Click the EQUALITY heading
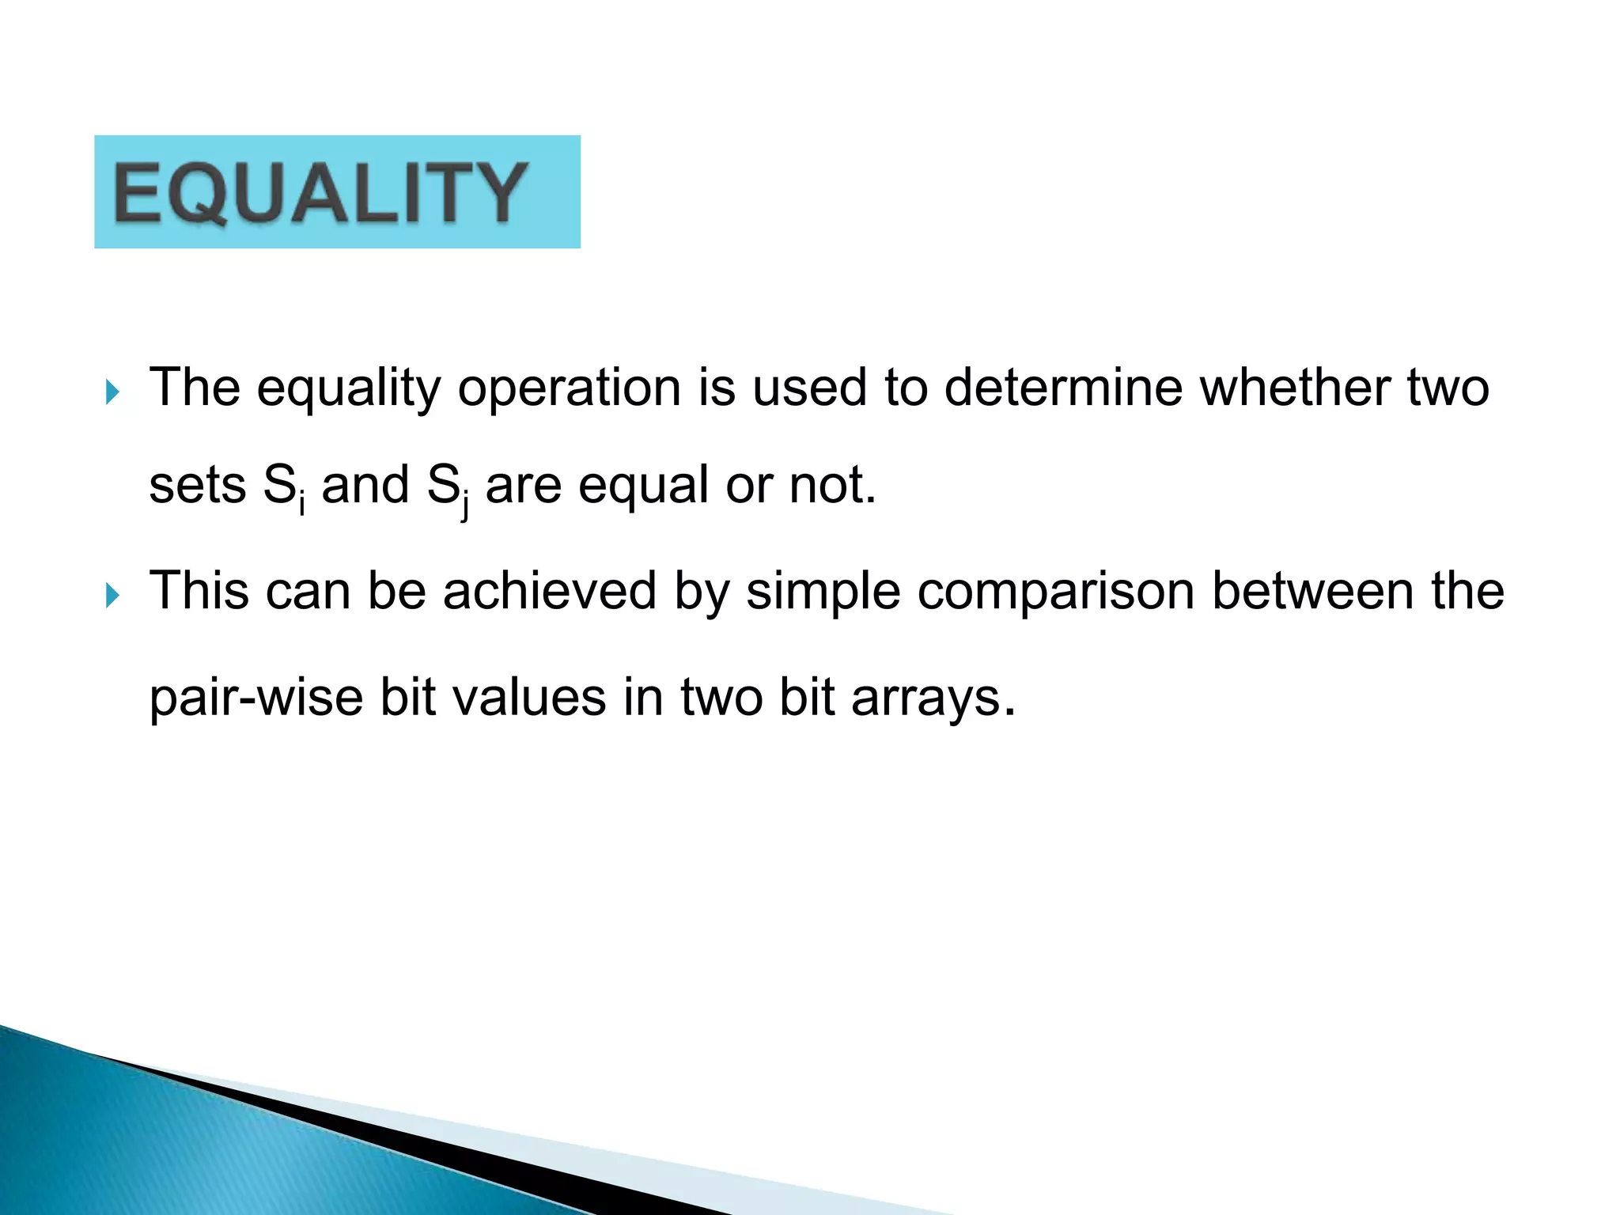click(x=320, y=192)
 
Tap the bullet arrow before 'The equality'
click(x=113, y=392)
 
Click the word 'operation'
click(x=570, y=389)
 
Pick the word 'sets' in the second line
click(x=197, y=486)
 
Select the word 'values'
click(x=492, y=698)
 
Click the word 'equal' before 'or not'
click(x=643, y=486)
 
